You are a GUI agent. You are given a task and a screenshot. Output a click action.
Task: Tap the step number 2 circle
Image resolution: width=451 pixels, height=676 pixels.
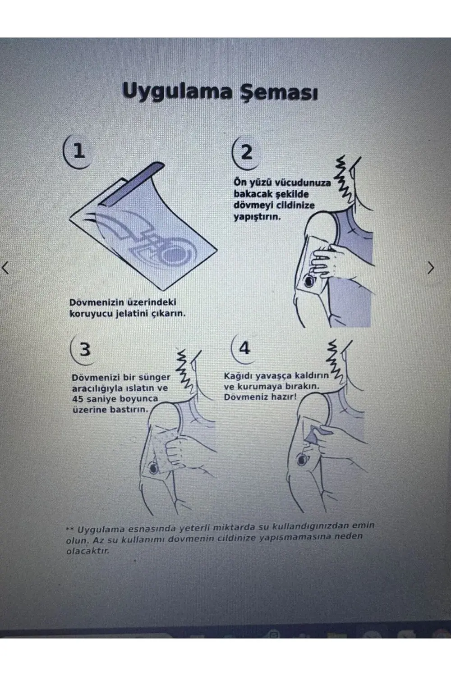point(245,152)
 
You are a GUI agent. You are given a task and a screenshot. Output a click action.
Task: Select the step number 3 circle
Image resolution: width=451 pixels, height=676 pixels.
point(84,349)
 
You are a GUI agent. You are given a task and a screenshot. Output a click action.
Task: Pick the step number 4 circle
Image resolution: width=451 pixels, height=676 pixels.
point(244,348)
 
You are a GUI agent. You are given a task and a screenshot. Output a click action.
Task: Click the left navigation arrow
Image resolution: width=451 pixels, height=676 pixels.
point(6,268)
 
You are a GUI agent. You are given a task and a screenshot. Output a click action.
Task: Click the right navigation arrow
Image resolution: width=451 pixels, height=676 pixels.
point(431,268)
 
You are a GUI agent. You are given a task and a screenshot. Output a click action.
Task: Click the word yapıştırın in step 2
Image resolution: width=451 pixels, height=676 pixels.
point(257,217)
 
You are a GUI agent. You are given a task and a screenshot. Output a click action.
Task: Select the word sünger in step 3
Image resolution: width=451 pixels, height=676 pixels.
point(156,377)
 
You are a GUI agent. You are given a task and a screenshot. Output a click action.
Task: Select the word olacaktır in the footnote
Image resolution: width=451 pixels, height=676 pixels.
point(88,551)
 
